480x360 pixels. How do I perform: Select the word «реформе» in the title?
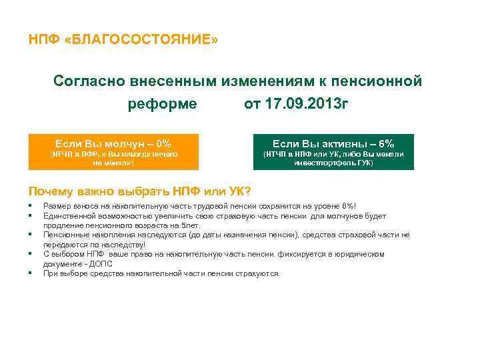[x=163, y=104]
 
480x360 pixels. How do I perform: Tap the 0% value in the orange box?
[x=163, y=143]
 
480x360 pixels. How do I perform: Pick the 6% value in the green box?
[x=387, y=143]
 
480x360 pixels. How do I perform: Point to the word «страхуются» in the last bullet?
[x=260, y=273]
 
